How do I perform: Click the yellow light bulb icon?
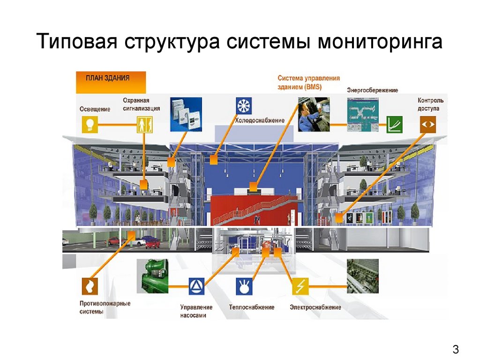pos(90,124)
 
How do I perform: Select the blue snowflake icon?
pos(244,106)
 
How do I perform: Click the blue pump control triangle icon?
pos(196,285)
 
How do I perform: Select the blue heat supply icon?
pos(244,285)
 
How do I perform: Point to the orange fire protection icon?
pos(90,285)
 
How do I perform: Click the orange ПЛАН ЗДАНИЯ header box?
pos(111,82)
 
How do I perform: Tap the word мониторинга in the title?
pos(380,42)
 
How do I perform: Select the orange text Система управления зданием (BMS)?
pos(308,82)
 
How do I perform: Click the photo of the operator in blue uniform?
pos(314,113)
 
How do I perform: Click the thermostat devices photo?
pos(186,113)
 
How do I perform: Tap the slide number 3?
pos(455,349)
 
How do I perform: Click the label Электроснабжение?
pos(315,307)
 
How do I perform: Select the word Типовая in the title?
pos(76,42)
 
